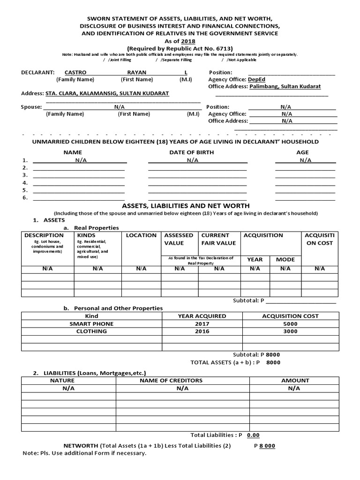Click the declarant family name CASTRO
[x=75, y=73]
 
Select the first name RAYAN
[x=137, y=73]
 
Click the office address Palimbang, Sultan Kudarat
[x=288, y=87]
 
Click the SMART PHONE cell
[x=91, y=324]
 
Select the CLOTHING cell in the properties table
[x=91, y=331]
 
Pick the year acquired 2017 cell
[x=202, y=324]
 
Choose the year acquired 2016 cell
[x=202, y=331]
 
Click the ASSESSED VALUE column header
[x=179, y=239]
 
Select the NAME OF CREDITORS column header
[x=171, y=381]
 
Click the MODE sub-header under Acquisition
[x=285, y=259]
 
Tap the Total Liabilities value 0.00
[x=253, y=435]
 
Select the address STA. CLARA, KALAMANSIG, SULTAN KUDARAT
[x=106, y=94]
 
